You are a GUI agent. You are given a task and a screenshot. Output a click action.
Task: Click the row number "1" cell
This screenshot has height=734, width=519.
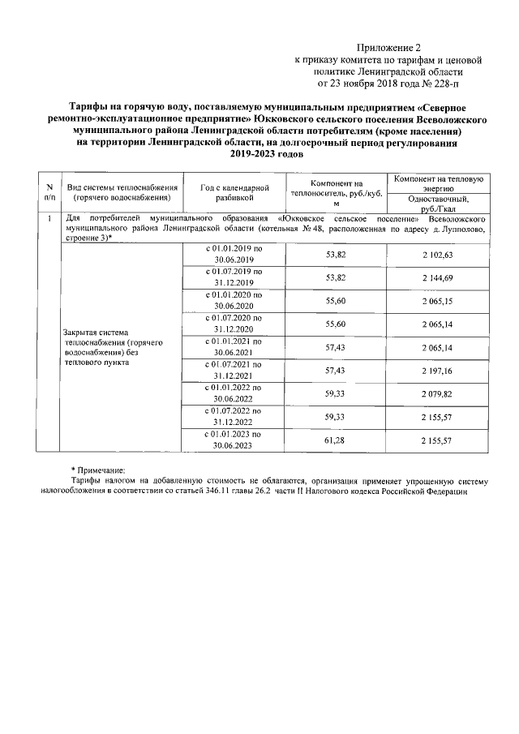(50, 219)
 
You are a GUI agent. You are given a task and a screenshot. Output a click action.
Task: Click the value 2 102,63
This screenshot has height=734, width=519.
(439, 255)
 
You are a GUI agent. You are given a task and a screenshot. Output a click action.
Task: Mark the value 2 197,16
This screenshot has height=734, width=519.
(439, 370)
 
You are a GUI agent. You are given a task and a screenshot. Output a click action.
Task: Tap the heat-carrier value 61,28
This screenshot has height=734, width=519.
(335, 439)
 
